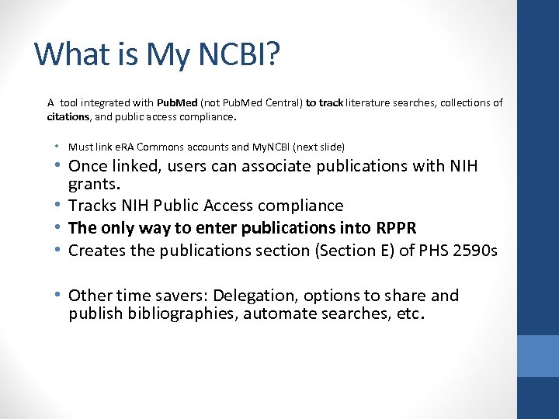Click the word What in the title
coord(66,54)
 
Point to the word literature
coord(371,102)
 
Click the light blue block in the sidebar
coord(538,356)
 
